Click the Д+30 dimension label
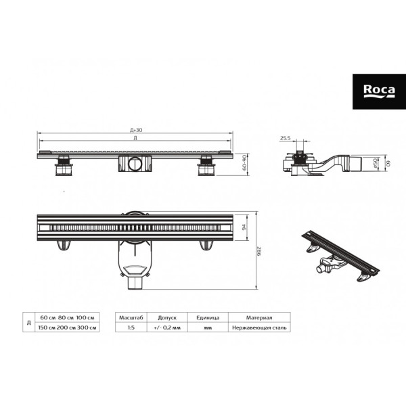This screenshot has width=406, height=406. [135, 130]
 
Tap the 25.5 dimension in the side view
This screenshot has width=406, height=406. [286, 138]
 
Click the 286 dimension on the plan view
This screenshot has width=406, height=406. [260, 252]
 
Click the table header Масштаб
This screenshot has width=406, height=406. [129, 317]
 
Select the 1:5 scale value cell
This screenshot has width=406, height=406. [129, 328]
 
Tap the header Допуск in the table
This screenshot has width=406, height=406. [167, 317]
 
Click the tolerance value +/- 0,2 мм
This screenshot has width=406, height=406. [167, 328]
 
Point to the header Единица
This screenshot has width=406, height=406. [206, 317]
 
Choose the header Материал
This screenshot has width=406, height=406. [259, 317]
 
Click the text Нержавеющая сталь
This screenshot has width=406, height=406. [259, 328]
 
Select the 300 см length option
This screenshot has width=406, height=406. [89, 328]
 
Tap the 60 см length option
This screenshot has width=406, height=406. [48, 317]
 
